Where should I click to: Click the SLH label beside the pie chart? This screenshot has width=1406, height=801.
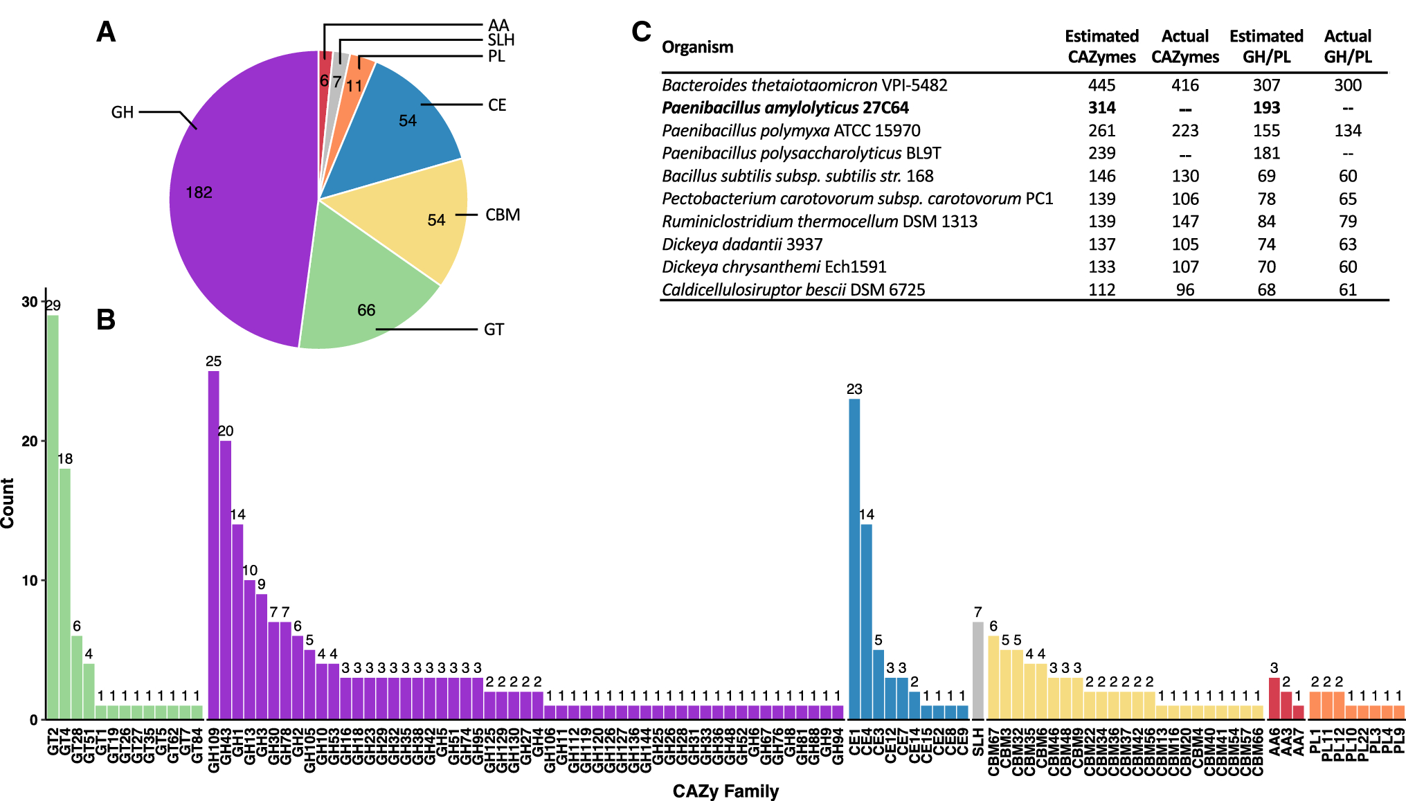point(501,40)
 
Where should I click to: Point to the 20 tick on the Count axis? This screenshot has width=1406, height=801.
point(29,442)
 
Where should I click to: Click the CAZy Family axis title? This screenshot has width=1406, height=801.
point(725,791)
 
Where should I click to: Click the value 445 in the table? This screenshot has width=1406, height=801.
point(1101,85)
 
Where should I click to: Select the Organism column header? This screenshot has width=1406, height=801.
point(697,47)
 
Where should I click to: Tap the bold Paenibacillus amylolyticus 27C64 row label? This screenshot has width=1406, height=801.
point(785,108)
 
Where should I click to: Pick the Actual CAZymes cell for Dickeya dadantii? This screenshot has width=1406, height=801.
point(1184,244)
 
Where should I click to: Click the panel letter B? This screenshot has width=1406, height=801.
point(105,319)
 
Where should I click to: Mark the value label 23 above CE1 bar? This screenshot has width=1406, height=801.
point(854,389)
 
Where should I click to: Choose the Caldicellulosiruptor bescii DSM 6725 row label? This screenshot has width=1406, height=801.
point(793,290)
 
